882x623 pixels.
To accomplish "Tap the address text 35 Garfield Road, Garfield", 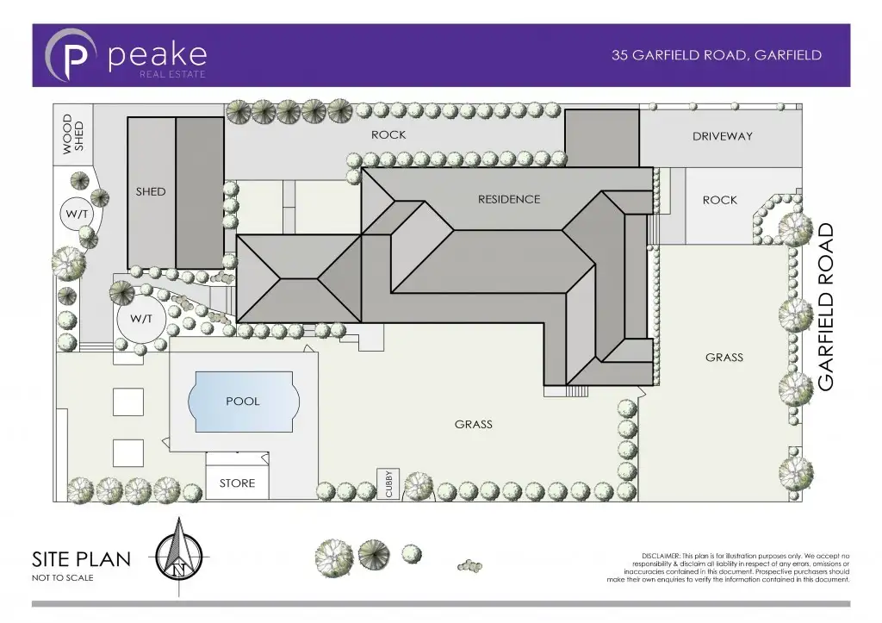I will tap(716, 55).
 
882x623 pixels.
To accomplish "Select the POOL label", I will tap(242, 402).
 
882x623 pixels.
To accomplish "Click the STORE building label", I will tap(237, 483).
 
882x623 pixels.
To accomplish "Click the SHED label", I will tap(150, 191).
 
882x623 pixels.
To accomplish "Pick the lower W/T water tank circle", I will tap(141, 319).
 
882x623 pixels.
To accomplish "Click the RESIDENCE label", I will tap(509, 199).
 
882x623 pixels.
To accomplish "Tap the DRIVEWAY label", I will tap(722, 136).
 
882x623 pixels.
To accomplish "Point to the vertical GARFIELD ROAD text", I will tap(826, 307).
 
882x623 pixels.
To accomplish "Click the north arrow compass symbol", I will tap(179, 556).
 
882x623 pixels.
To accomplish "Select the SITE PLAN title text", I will tap(81, 558).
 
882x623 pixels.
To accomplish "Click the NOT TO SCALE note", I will tap(62, 578).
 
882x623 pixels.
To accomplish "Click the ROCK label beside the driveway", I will tap(719, 200).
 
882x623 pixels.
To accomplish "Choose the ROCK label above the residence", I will tap(388, 134).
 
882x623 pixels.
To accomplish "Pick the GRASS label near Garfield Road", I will tap(724, 357).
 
